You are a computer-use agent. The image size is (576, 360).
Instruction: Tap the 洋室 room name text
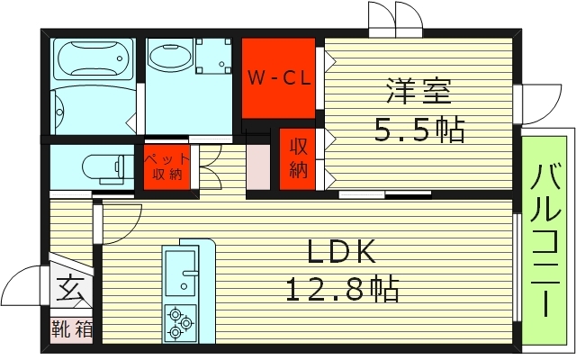(x=418, y=91)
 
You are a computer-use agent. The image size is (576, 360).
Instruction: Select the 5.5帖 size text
(x=419, y=130)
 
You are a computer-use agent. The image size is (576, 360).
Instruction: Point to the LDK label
(x=341, y=251)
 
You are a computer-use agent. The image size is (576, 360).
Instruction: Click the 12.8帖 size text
(x=342, y=289)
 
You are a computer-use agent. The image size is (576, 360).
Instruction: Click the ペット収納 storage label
(x=167, y=166)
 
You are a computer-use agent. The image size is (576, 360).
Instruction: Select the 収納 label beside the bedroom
(x=298, y=158)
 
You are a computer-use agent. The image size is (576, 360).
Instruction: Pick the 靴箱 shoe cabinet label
(x=72, y=328)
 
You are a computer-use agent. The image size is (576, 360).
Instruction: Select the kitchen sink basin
(x=180, y=272)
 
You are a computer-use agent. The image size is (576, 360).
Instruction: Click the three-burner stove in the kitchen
(x=180, y=322)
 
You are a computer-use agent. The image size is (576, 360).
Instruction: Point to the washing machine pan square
(x=213, y=56)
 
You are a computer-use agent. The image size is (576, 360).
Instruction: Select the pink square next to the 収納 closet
(x=258, y=166)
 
